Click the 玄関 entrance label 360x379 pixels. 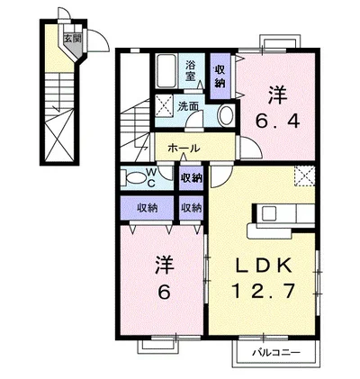(73, 39)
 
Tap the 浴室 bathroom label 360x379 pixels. (190, 70)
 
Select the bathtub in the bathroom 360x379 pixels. (166, 71)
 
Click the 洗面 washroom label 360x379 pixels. (188, 106)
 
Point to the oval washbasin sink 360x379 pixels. (227, 115)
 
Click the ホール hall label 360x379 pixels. (184, 148)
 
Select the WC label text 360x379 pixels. (151, 178)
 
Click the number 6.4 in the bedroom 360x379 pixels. (278, 122)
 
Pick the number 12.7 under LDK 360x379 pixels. (263, 291)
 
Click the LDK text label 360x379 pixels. (264, 265)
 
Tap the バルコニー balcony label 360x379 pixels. (275, 352)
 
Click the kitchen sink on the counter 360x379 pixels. (269, 214)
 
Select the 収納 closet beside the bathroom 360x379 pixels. (220, 77)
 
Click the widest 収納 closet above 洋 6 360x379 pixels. (148, 208)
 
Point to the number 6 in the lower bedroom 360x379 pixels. (165, 292)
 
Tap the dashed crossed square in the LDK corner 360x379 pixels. (304, 176)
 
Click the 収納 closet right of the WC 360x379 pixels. (191, 178)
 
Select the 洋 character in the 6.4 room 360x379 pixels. (278, 95)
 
